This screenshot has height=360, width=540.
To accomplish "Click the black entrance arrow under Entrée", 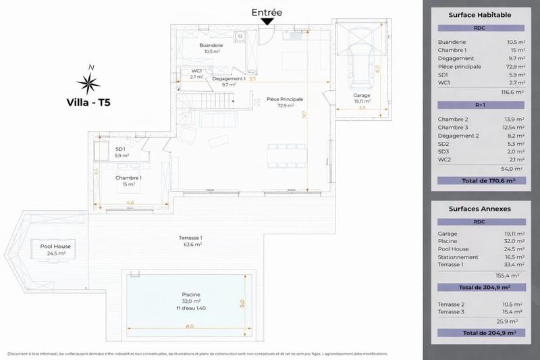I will coord(267,22).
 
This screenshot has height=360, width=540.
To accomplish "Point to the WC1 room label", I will coord(196,71).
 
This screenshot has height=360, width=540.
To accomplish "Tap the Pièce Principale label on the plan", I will coord(284,99).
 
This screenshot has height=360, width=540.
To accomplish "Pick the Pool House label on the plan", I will coord(55,247).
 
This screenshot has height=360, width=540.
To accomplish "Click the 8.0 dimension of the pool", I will coord(190,326).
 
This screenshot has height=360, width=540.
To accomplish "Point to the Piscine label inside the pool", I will coord(191,294).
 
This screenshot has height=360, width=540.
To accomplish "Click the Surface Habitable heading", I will coord(480,14).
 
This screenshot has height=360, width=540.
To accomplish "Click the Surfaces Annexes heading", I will coord(479,209).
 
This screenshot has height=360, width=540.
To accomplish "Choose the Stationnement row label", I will coord(458,257).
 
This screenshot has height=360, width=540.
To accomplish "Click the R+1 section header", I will coord(479,105).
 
